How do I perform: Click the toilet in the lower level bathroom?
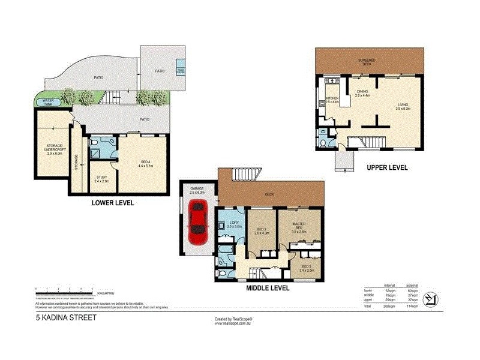pyautogui.click(x=97, y=143)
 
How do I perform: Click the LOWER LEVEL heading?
pyautogui.click(x=112, y=203)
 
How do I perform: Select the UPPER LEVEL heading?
pyautogui.click(x=387, y=167)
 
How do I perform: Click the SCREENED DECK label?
pyautogui.click(x=368, y=62)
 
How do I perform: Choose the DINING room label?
pyautogui.click(x=362, y=93)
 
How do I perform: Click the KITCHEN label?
pyautogui.click(x=332, y=99)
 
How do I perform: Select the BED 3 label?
pyautogui.click(x=306, y=268)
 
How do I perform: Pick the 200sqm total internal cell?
pyautogui.click(x=391, y=306)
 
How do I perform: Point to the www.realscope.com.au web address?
pyautogui.click(x=233, y=323)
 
